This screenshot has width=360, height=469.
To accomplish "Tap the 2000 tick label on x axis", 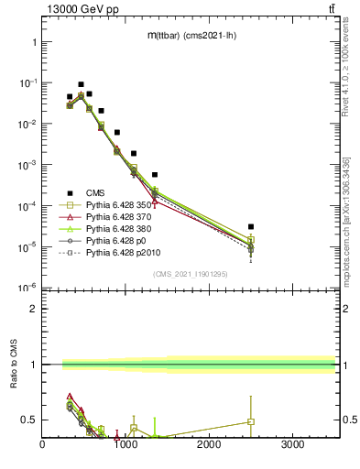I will (x=209, y=446).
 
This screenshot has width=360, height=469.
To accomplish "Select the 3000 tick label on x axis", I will (x=292, y=446).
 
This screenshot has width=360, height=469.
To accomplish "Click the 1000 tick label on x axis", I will (x=125, y=446).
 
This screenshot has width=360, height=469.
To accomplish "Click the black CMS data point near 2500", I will (x=251, y=226).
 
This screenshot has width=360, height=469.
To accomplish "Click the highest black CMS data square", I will (x=81, y=84).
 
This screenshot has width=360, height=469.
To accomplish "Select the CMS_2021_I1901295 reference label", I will (x=191, y=275).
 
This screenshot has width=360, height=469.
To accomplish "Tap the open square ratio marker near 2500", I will (x=251, y=422).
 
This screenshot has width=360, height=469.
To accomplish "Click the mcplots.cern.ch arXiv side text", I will (x=347, y=220).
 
